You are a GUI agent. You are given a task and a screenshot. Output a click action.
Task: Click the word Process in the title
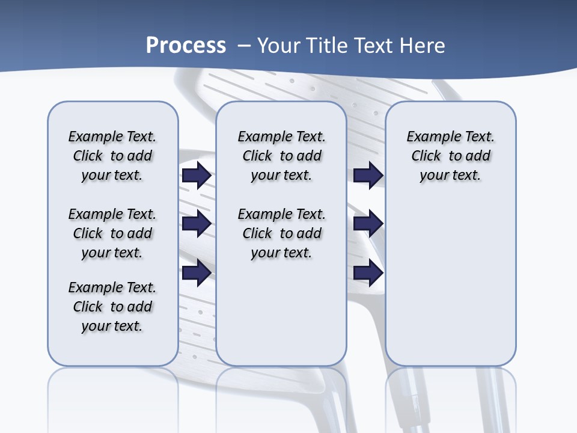coord(186,45)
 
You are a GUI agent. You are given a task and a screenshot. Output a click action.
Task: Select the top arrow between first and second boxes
coord(196,176)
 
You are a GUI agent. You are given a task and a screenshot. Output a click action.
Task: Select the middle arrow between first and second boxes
coord(196,224)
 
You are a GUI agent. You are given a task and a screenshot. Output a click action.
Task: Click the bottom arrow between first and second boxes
coord(196,273)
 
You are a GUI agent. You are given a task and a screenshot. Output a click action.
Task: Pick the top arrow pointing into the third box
coord(368,176)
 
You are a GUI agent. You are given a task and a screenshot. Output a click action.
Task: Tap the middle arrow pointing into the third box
coord(368,224)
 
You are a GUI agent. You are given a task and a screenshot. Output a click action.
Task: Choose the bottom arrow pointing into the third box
coord(368,273)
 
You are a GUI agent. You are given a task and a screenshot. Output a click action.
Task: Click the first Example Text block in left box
coord(112,156)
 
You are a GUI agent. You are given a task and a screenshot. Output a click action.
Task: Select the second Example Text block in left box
coord(112,233)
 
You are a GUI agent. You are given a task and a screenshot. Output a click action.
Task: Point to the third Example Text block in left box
coord(112,307)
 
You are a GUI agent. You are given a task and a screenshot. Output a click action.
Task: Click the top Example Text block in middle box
coord(281,156)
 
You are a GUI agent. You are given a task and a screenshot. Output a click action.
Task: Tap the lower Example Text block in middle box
coord(281,233)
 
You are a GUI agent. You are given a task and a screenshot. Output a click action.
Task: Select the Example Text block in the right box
coord(450,156)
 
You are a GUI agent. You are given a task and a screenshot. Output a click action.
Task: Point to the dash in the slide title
coord(244,46)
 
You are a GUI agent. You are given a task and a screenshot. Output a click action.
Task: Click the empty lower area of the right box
coord(450,283)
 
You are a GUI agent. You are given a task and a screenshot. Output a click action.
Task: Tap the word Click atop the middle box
coord(257,156)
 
